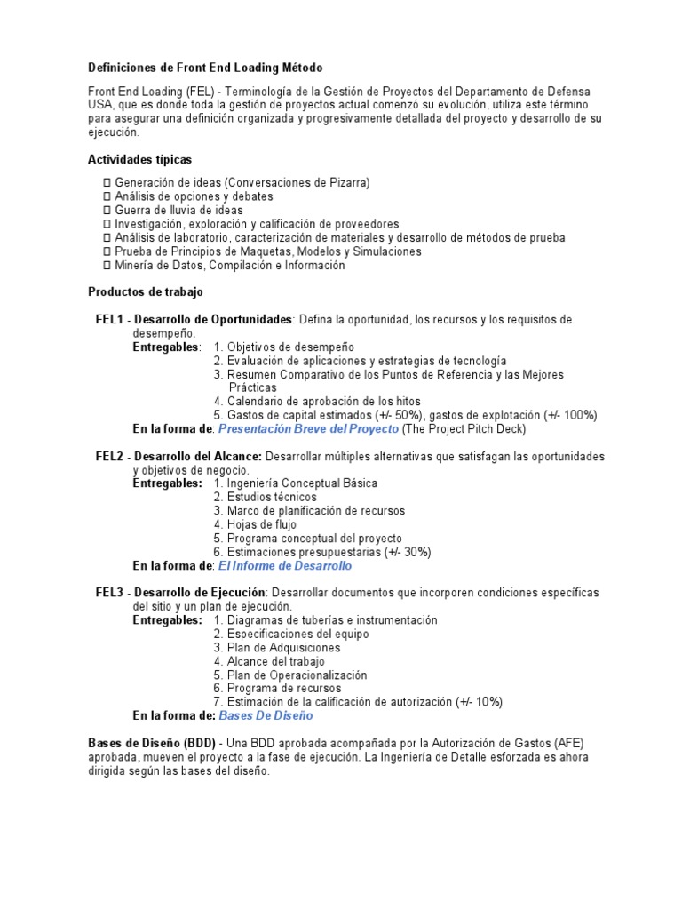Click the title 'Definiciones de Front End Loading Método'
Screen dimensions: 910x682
(205, 68)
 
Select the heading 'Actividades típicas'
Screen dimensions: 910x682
(139, 159)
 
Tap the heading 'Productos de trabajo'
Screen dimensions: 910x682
(146, 291)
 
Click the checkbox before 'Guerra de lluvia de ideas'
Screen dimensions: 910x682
(107, 211)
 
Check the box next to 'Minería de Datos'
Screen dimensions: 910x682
(107, 266)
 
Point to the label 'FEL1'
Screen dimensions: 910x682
(110, 319)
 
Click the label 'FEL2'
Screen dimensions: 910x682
(110, 456)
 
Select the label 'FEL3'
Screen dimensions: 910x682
(110, 593)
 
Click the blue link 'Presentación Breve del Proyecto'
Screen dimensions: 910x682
(308, 429)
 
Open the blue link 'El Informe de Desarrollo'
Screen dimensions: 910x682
(284, 566)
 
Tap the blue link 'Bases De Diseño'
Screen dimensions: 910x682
(266, 715)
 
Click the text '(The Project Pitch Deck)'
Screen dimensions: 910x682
(464, 429)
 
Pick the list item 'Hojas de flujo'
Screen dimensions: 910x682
(261, 524)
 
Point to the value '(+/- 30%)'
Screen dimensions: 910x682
(408, 552)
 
